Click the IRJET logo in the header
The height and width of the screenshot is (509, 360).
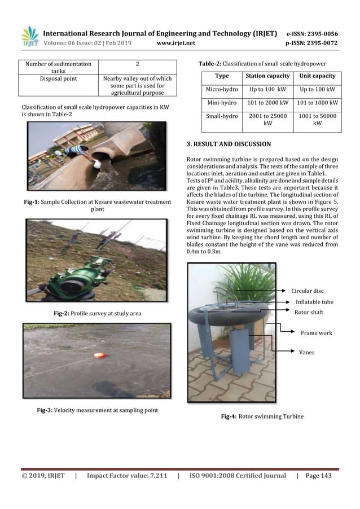coord(29,36)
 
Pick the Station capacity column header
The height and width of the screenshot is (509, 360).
coord(268,76)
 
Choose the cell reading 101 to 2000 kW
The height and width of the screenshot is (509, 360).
coord(268,103)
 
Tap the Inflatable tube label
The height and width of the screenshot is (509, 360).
coord(314,302)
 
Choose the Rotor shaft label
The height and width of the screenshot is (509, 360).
coord(310,311)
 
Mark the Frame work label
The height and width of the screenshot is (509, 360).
coord(317,333)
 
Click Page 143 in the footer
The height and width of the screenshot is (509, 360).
coord(319,476)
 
